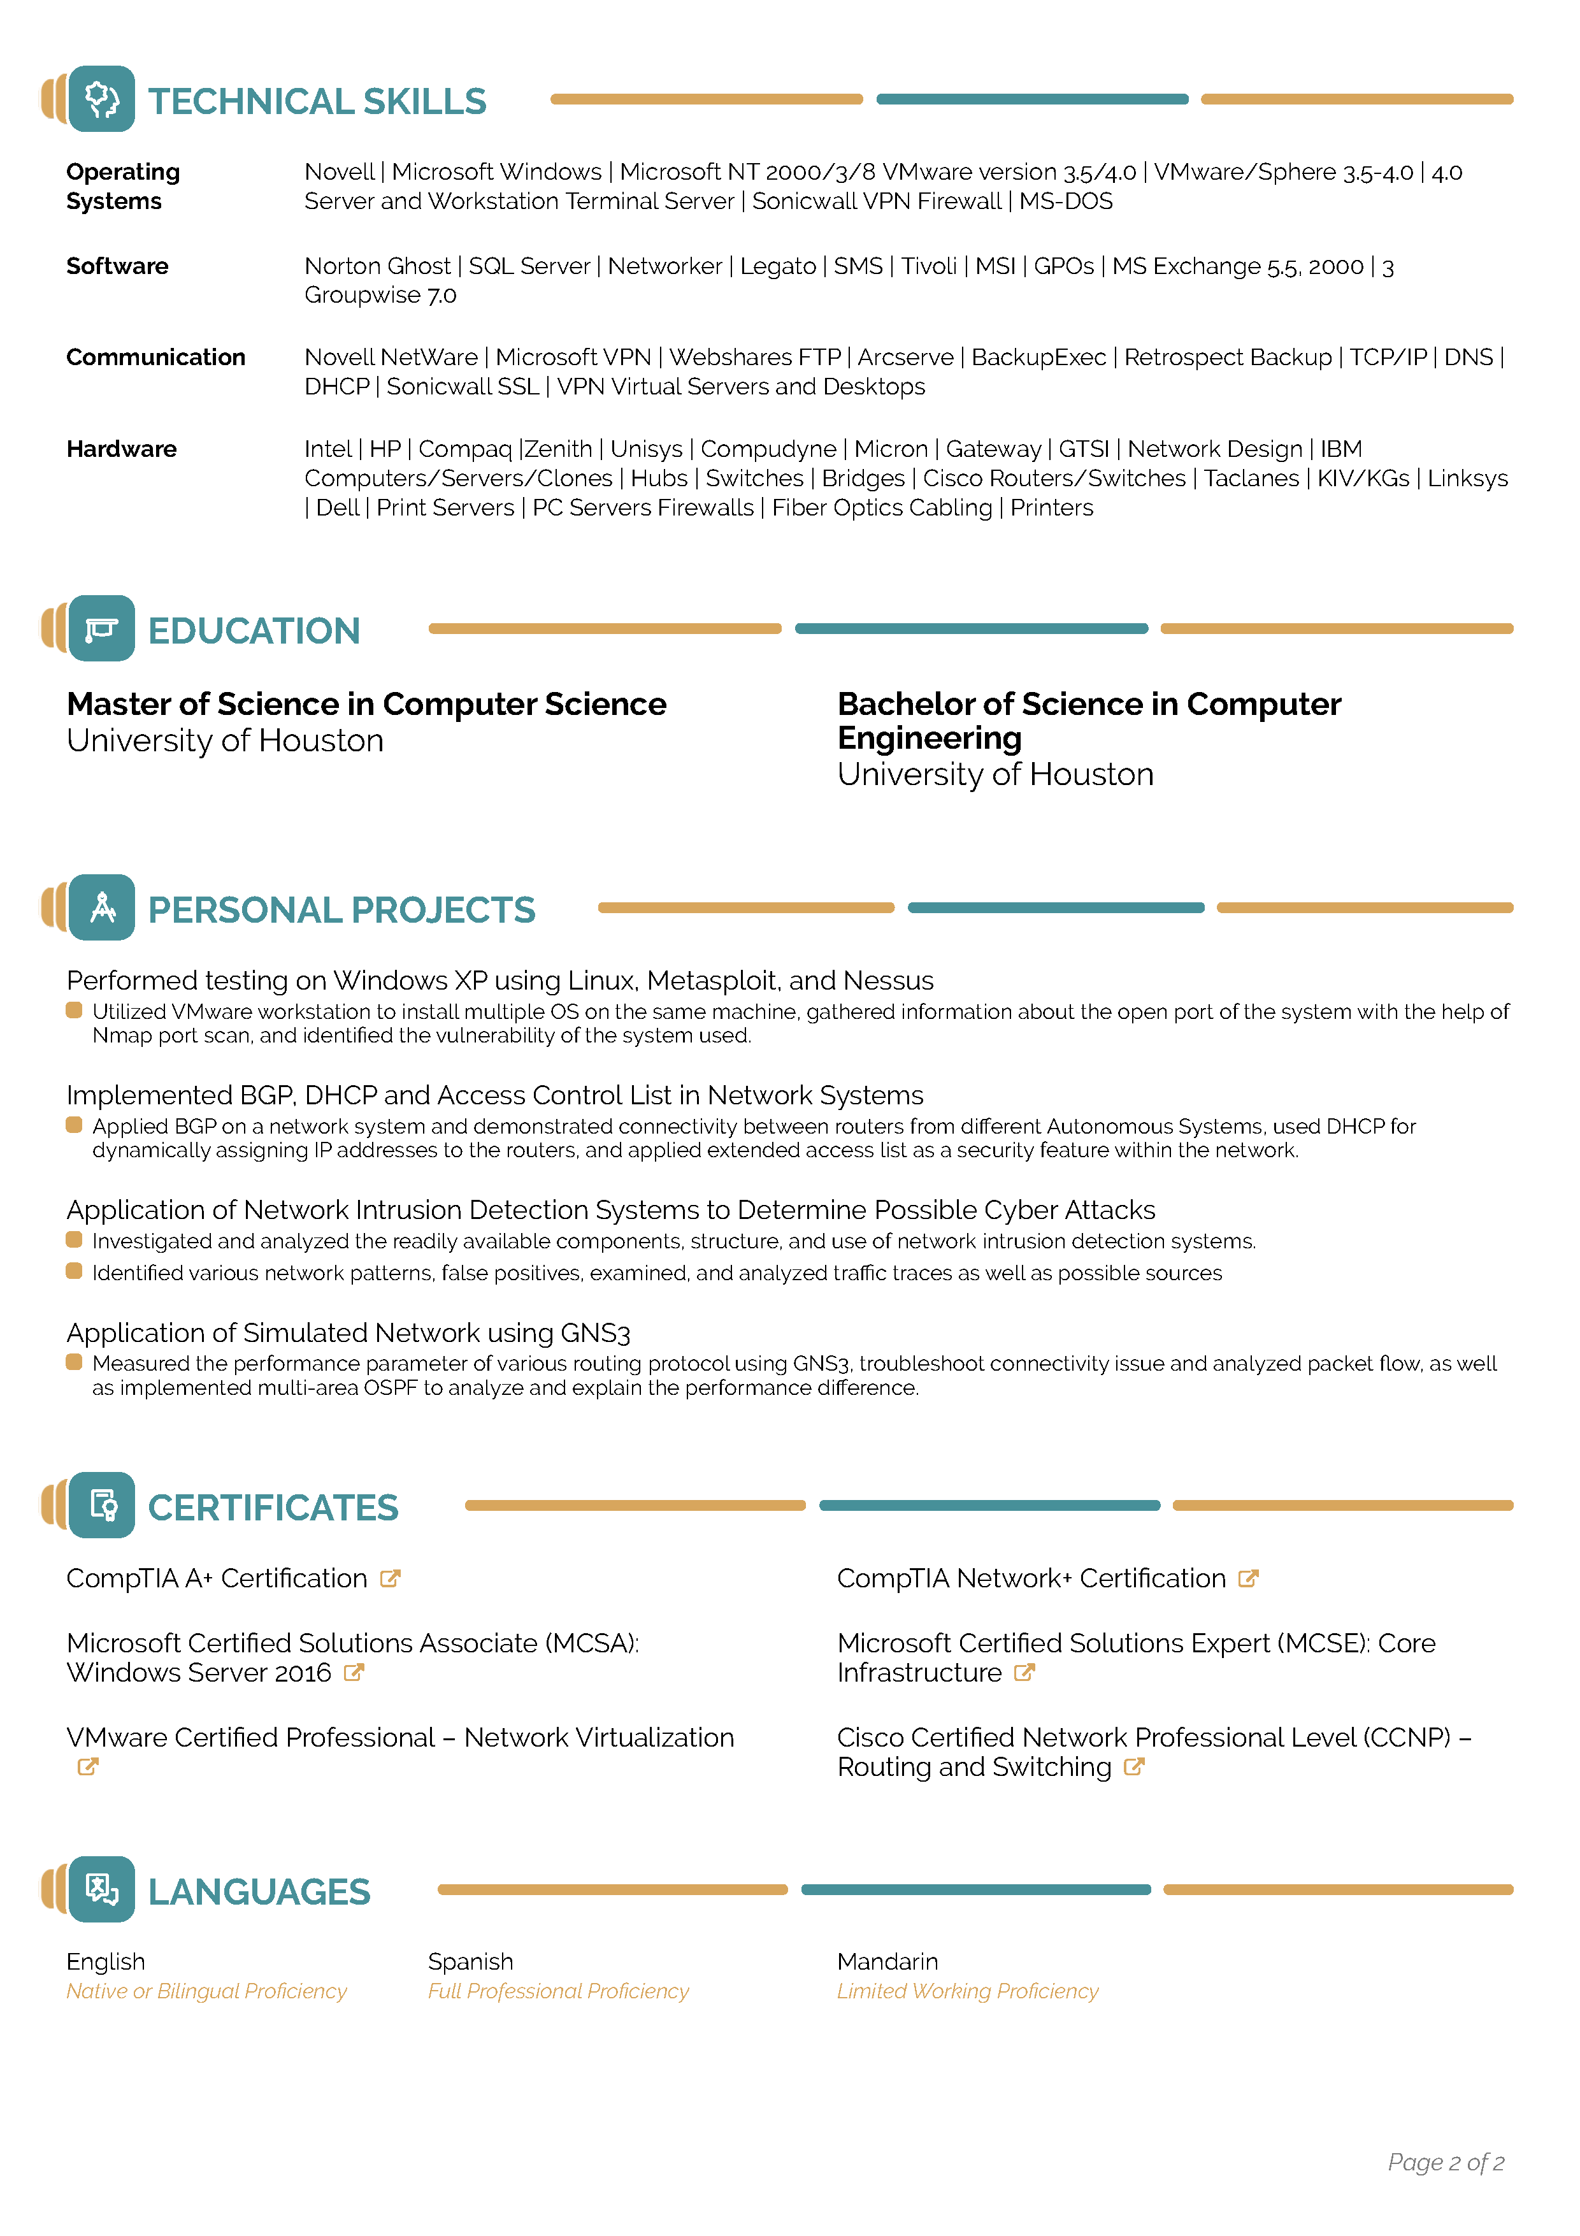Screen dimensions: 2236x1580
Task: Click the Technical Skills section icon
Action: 102,99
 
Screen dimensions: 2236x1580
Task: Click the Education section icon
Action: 102,629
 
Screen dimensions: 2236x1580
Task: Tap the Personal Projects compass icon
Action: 102,907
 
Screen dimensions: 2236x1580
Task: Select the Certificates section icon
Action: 102,1506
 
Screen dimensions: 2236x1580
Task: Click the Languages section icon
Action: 102,1889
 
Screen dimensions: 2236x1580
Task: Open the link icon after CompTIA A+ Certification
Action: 391,1578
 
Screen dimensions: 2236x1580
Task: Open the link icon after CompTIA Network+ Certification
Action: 1248,1578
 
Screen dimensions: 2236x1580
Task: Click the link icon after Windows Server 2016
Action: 354,1673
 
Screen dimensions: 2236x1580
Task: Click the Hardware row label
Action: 122,449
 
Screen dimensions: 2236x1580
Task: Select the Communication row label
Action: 155,357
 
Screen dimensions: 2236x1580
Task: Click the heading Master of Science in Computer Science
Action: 366,704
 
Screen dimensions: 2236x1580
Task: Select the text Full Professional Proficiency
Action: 558,1991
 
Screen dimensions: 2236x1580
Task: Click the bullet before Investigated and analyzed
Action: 74,1240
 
